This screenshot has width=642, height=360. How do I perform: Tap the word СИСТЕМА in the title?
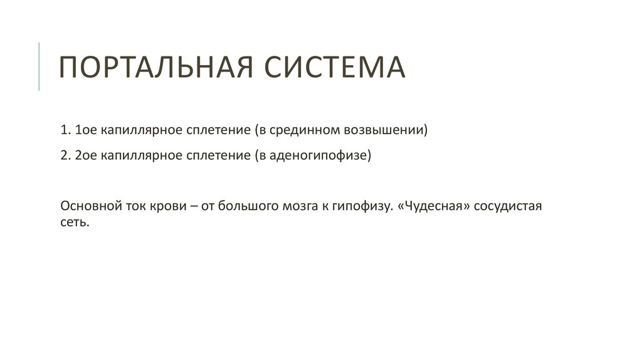[334, 67]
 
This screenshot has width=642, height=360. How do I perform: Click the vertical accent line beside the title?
[39, 66]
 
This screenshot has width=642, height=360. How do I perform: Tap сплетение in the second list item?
[209, 156]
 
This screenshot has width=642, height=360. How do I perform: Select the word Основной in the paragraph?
[87, 207]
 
